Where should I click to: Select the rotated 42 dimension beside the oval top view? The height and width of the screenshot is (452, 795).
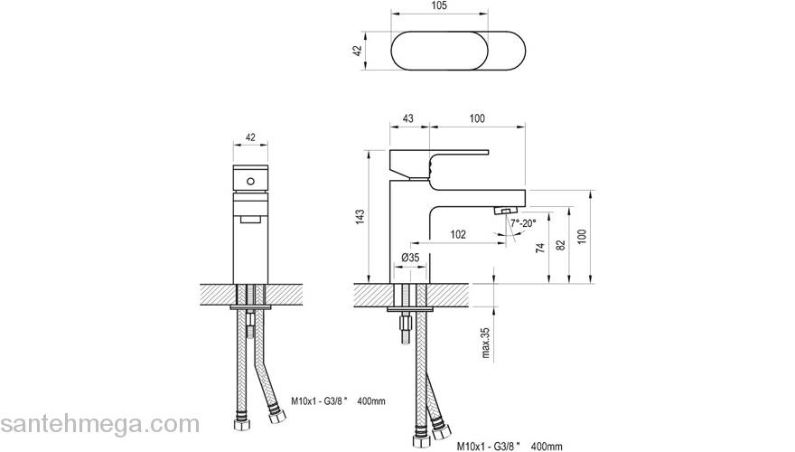[358, 52]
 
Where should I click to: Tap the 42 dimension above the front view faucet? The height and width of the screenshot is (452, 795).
[251, 137]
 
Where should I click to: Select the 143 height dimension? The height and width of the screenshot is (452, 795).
[360, 216]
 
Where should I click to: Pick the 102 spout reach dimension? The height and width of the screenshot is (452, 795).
[457, 235]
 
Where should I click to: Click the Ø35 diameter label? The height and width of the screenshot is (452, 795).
[410, 259]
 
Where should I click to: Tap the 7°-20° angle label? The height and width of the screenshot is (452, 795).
[522, 222]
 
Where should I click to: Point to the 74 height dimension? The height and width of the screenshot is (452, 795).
[540, 249]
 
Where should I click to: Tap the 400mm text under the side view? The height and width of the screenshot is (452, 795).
[548, 446]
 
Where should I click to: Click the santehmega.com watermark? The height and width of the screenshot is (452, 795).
[99, 424]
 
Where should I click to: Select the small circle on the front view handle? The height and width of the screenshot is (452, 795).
[251, 183]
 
